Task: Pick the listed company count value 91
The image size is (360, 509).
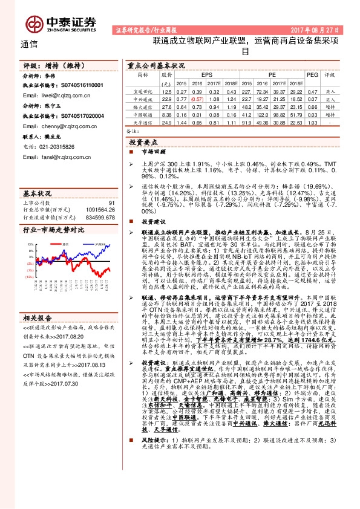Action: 111,203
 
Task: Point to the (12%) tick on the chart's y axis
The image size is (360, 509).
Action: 29,276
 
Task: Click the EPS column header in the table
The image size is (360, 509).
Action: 198,76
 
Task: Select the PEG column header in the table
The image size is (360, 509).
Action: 312,76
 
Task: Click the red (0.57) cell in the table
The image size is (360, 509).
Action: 197,99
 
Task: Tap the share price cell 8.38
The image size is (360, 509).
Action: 167,114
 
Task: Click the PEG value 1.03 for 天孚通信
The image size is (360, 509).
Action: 312,122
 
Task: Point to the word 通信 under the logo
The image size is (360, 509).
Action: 28,44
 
